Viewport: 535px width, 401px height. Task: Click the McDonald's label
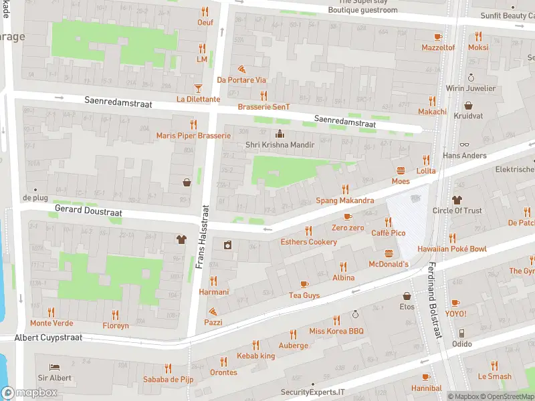[389, 264]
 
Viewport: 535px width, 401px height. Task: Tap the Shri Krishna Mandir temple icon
[280, 134]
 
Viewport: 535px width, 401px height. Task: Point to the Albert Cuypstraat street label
[48, 338]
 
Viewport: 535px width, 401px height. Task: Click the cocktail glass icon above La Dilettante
[197, 88]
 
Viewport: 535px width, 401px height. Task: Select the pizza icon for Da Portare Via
[241, 69]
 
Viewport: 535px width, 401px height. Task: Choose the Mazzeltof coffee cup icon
[438, 37]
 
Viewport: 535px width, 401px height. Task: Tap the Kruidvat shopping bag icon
[468, 106]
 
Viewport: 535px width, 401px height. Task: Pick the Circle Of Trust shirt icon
[457, 199]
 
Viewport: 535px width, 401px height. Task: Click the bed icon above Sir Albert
[54, 367]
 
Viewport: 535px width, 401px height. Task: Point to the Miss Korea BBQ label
[336, 331]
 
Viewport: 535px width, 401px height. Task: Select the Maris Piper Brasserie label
[193, 136]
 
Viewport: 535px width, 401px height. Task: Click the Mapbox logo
[29, 393]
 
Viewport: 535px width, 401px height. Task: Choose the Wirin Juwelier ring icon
[471, 78]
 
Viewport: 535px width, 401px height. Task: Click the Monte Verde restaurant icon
[51, 313]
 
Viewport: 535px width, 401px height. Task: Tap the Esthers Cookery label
[308, 242]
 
